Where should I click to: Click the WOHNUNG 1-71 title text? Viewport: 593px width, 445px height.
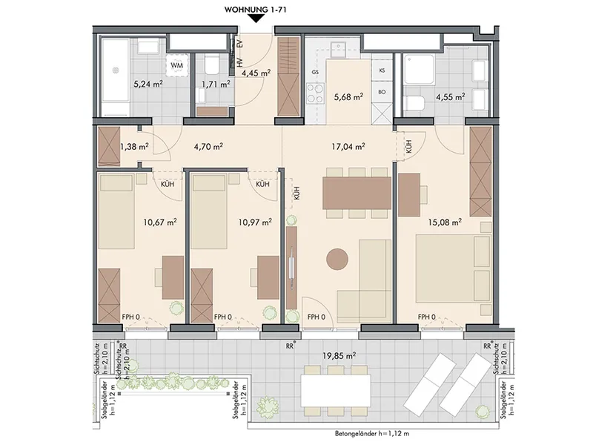click(256, 10)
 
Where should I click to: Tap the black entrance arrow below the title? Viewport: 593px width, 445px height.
click(256, 18)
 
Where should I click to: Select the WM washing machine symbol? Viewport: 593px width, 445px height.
click(177, 65)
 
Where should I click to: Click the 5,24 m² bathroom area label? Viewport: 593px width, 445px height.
click(148, 84)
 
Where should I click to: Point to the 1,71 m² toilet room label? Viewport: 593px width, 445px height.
click(216, 84)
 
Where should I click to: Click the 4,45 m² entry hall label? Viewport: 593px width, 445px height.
click(256, 73)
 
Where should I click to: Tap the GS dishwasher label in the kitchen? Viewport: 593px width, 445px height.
click(315, 72)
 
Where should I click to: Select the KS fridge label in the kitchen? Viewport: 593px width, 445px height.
click(382, 70)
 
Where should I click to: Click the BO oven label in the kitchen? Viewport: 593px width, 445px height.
click(382, 92)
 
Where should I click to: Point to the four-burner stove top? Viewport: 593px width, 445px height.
click(315, 93)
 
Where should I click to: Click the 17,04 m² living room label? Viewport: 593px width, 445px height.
click(348, 145)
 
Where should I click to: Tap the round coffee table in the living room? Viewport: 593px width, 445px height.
click(337, 259)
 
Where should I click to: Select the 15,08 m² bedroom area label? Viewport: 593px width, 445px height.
click(445, 222)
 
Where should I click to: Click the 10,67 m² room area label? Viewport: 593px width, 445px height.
click(160, 222)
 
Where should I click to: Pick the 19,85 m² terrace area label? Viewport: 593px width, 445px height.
click(339, 355)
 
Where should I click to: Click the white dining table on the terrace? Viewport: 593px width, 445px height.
click(336, 390)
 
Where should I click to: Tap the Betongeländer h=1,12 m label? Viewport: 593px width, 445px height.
click(372, 434)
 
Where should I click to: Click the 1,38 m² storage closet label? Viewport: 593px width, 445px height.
click(134, 146)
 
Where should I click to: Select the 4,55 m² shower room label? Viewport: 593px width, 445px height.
click(450, 97)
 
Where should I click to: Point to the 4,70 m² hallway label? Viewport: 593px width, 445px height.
click(208, 145)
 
